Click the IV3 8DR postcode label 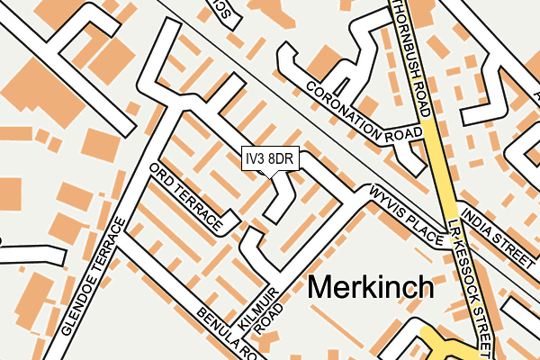click(x=269, y=159)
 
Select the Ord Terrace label click(x=184, y=197)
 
